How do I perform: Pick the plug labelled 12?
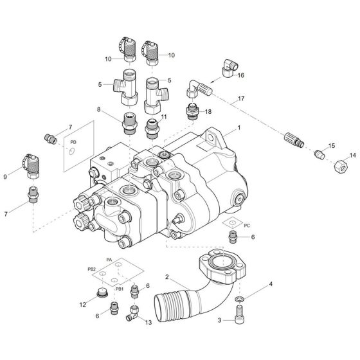point(100,296)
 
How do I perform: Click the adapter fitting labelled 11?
point(153,129)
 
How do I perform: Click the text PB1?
point(119,289)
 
